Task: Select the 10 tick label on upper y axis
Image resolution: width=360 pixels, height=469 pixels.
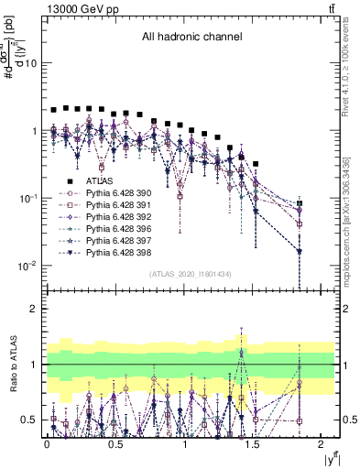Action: pos(31,63)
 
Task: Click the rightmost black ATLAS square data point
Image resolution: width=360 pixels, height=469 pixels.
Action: pos(300,203)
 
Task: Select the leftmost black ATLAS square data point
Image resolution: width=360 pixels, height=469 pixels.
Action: pos(53,109)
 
